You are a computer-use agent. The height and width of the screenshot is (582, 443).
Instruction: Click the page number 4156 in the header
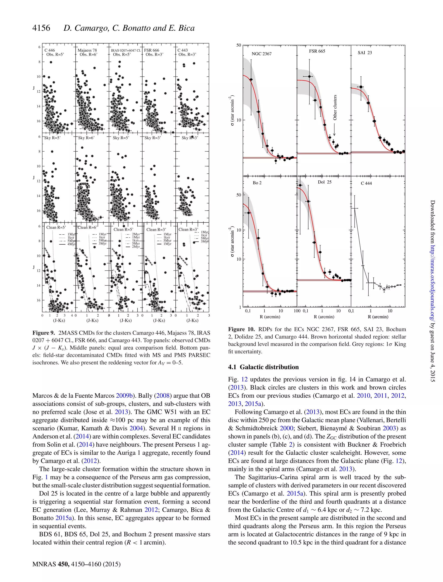click(x=41, y=28)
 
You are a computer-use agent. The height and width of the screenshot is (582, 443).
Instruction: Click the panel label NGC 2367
click(x=261, y=54)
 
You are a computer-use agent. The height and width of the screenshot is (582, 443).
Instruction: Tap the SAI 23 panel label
click(x=365, y=53)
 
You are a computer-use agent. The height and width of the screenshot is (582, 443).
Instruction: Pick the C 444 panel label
click(x=366, y=183)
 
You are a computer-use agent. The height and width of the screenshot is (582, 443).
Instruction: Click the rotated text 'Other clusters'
click(x=335, y=107)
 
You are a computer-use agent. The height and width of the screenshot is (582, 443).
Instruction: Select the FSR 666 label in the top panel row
click(x=151, y=50)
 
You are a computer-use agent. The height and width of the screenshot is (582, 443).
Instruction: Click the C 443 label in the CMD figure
click(x=183, y=50)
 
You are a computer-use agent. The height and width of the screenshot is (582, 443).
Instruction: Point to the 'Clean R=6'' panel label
click(x=87, y=227)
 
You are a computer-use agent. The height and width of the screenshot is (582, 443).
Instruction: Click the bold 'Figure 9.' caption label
click(x=43, y=333)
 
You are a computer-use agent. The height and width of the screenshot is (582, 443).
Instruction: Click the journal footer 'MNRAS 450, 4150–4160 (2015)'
click(x=77, y=564)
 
